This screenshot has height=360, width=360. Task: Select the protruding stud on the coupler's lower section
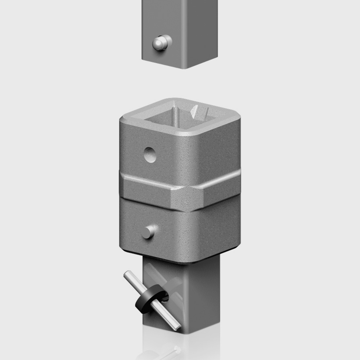[148, 232]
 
